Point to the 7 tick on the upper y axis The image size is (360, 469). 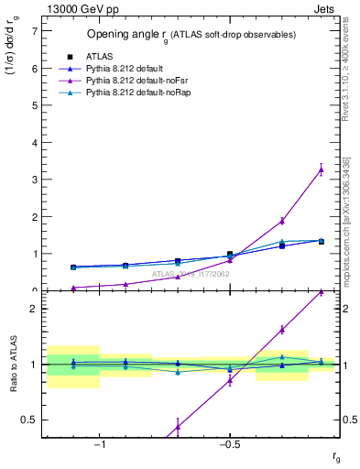(35, 30)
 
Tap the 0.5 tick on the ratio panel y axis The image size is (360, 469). (32, 420)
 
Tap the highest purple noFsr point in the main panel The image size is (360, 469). (321, 169)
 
